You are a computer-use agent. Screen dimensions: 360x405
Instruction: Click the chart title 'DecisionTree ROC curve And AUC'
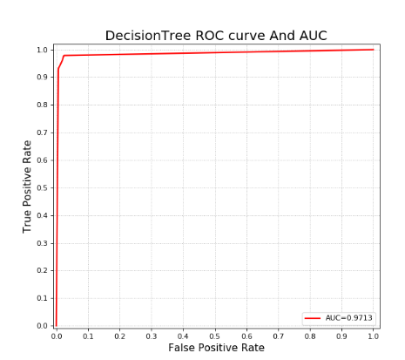216,36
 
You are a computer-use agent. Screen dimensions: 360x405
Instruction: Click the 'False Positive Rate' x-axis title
216,348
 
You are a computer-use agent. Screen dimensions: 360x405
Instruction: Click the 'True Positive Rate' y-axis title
28,186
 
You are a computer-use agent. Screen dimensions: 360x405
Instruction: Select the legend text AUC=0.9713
350,318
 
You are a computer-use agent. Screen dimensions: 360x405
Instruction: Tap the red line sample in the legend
313,318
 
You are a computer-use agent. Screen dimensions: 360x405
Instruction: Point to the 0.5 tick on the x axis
215,335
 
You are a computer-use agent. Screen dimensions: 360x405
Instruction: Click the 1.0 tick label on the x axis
374,335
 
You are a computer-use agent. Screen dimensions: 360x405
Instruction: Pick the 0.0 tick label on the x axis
57,335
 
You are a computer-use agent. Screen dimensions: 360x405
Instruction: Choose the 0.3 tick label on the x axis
152,335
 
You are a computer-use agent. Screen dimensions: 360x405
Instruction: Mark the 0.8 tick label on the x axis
310,335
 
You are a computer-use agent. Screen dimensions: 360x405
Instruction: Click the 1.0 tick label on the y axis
42,50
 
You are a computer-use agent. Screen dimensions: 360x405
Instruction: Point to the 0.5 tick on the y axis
42,187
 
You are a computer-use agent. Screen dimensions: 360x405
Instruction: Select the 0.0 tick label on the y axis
42,326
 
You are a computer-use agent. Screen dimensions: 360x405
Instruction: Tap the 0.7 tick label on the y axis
42,132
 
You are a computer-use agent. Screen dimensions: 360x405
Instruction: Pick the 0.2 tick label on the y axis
42,270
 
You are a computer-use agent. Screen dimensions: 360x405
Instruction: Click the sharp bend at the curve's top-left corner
64,56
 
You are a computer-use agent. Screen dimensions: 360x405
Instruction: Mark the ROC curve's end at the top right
374,50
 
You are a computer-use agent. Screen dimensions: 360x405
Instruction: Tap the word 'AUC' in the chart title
311,36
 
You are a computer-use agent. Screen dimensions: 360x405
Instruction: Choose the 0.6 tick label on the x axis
246,335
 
